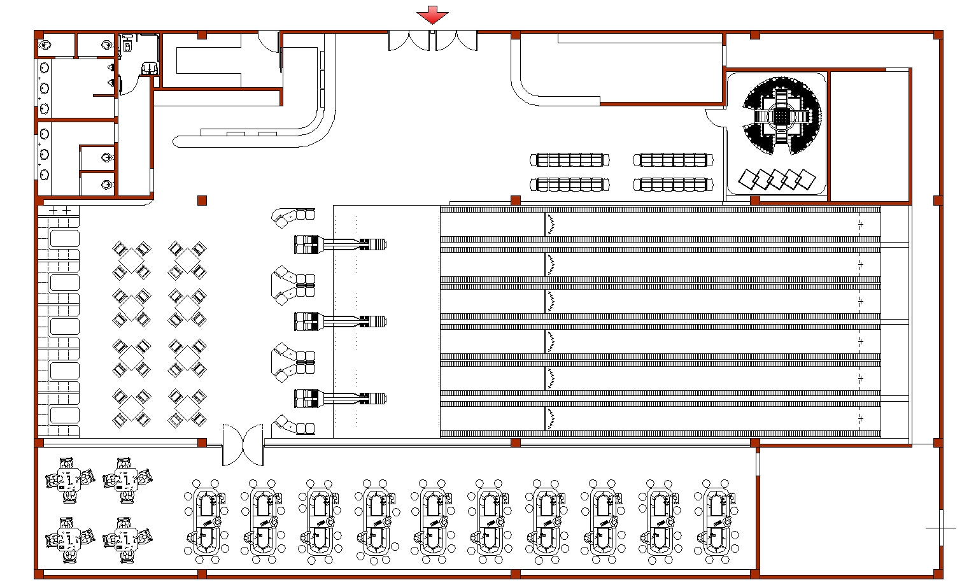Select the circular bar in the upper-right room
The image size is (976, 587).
(781, 116)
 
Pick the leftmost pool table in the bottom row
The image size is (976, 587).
(206, 521)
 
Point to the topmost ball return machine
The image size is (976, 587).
(340, 244)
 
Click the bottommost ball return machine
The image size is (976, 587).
(340, 399)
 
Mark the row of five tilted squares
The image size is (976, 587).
(777, 179)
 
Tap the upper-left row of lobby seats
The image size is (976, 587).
(570, 159)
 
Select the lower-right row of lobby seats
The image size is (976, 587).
(672, 185)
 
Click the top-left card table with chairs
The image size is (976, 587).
(70, 479)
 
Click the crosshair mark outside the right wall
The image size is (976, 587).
(940, 528)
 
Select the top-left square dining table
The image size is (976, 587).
(131, 260)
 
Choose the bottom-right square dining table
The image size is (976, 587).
(187, 408)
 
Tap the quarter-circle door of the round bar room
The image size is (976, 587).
(716, 118)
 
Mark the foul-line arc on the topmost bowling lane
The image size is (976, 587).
(549, 223)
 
